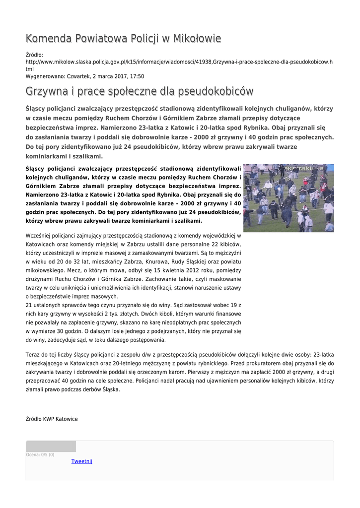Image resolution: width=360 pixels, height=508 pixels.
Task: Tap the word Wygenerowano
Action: click(x=41, y=76)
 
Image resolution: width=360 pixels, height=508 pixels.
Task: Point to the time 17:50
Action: click(x=137, y=76)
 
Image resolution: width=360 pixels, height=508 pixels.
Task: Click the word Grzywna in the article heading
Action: click(x=47, y=91)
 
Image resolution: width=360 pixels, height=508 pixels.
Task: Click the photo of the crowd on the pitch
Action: click(x=288, y=198)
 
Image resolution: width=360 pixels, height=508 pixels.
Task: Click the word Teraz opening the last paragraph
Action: click(x=33, y=355)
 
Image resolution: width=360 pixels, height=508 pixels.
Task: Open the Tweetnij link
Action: click(x=82, y=461)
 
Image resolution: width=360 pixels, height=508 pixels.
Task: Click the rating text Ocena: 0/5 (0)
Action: click(x=40, y=454)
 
